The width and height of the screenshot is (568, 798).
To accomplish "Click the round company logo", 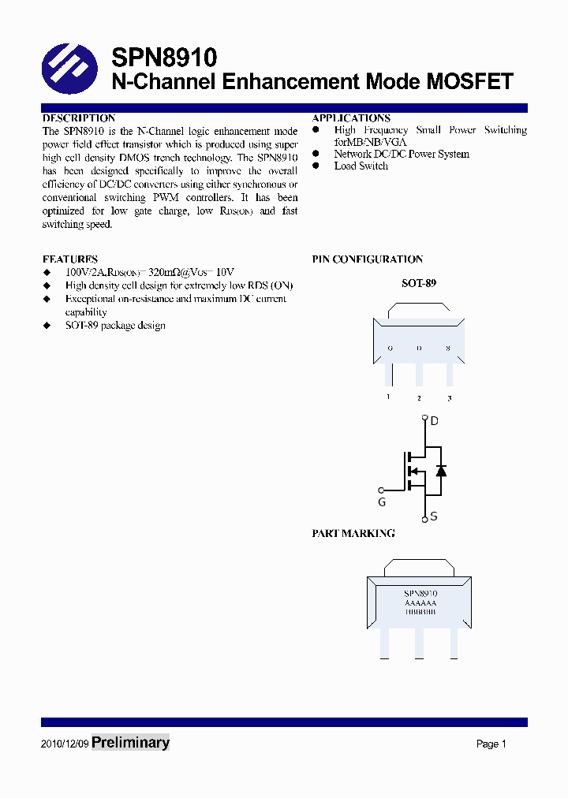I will (69, 69).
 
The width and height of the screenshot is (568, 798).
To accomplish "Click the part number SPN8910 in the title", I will (163, 58).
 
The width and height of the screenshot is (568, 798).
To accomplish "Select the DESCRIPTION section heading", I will (79, 118).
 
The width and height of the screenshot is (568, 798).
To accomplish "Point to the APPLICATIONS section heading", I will (351, 118).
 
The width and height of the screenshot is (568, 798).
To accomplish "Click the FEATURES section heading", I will (70, 259).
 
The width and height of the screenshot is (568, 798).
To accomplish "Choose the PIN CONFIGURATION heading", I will (368, 259).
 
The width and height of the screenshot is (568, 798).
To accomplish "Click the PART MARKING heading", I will (353, 533).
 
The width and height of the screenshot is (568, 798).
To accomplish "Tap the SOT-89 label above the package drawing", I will (419, 282).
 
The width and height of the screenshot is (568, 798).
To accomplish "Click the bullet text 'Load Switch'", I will (361, 166).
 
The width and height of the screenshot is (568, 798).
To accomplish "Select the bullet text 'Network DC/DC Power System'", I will (401, 154).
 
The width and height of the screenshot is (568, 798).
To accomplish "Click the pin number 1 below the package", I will (388, 397).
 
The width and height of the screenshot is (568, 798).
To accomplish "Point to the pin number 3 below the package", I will (450, 398).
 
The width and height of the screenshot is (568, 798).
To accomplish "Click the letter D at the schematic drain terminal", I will (434, 421).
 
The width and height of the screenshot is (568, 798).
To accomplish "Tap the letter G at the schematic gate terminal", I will (382, 502).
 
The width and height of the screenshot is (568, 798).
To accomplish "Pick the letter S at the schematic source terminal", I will (433, 517).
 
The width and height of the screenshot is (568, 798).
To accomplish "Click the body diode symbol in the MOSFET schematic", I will (441, 471).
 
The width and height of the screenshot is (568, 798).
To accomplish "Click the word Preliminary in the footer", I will (130, 742).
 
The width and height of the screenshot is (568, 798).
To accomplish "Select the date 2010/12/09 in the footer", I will (64, 744).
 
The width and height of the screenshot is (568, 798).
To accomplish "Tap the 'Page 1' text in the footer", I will (491, 744).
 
